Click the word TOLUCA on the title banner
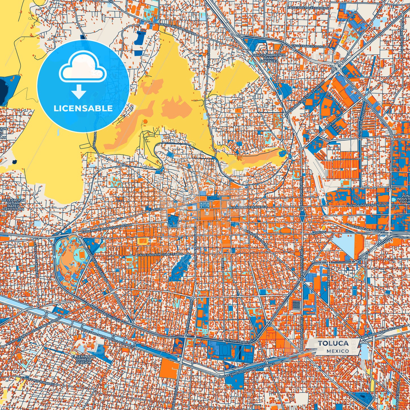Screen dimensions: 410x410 333,343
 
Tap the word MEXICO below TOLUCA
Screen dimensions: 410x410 338,351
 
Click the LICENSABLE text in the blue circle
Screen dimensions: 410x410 83,108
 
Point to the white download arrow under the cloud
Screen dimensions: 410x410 79,91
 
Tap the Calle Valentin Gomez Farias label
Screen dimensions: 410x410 160,255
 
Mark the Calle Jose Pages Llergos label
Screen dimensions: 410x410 308,8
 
